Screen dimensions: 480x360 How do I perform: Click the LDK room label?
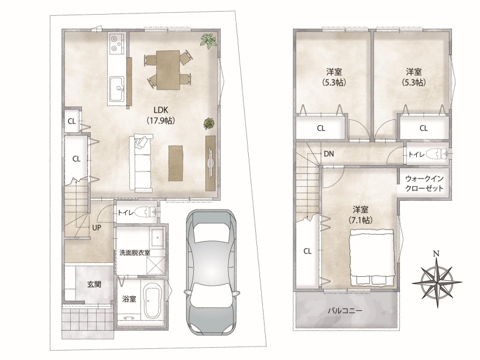pyautogui.click(x=161, y=110)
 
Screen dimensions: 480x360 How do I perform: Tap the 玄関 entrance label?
pyautogui.click(x=94, y=284)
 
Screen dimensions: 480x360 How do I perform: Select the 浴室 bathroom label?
pyautogui.click(x=129, y=299)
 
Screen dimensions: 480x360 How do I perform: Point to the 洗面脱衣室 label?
pyautogui.click(x=135, y=253)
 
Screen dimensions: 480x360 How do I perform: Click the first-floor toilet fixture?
pyautogui.click(x=146, y=211)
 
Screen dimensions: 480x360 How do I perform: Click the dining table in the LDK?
pyautogui.click(x=168, y=70)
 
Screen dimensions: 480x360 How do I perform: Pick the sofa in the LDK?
pyautogui.click(x=141, y=163)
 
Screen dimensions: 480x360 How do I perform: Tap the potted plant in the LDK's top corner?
pyautogui.click(x=209, y=41)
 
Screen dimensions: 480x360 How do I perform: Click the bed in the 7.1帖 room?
pyautogui.click(x=372, y=257)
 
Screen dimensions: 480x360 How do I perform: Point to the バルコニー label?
pyautogui.click(x=345, y=311)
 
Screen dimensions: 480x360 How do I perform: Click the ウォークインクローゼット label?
pyautogui.click(x=424, y=183)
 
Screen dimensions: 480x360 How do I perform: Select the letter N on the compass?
pyautogui.click(x=436, y=253)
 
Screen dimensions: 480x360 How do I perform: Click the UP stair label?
pyautogui.click(x=97, y=228)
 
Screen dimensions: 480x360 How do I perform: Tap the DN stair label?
pyautogui.click(x=329, y=154)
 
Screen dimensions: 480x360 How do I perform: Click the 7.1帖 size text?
pyautogui.click(x=361, y=220)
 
